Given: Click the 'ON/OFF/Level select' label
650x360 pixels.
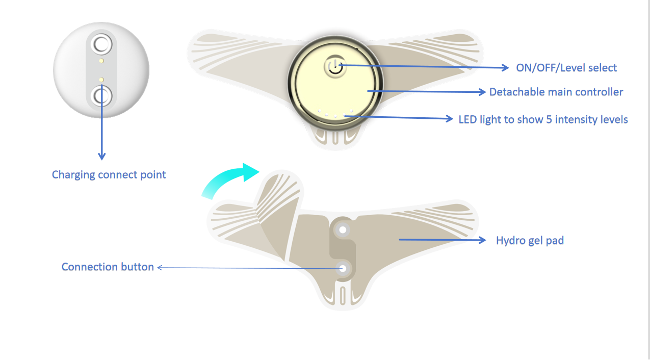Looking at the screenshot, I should (x=566, y=68).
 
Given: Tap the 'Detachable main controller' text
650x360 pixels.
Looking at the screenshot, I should (x=556, y=92).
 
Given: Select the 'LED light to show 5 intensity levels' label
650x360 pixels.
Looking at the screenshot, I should (x=543, y=119).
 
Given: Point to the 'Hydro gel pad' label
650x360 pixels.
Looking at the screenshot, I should (x=530, y=240).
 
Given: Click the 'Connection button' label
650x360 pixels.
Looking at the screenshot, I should (x=108, y=267).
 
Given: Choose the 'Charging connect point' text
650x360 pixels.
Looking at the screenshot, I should (x=109, y=174).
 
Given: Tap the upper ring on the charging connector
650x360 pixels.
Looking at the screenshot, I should (x=101, y=44).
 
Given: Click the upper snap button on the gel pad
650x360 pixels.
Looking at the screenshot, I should (x=343, y=230).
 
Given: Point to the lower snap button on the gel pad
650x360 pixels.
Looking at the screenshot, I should (x=343, y=268).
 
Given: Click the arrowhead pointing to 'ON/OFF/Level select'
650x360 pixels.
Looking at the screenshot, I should (x=505, y=67).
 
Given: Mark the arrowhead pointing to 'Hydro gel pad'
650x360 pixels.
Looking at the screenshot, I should (x=482, y=240).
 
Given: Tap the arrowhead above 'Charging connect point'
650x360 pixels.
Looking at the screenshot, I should (x=101, y=156).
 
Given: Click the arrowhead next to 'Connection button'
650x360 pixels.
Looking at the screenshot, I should (x=160, y=267).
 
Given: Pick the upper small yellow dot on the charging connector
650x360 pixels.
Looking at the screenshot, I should (x=101, y=61).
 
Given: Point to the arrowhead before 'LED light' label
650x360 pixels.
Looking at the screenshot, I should (x=449, y=119).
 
